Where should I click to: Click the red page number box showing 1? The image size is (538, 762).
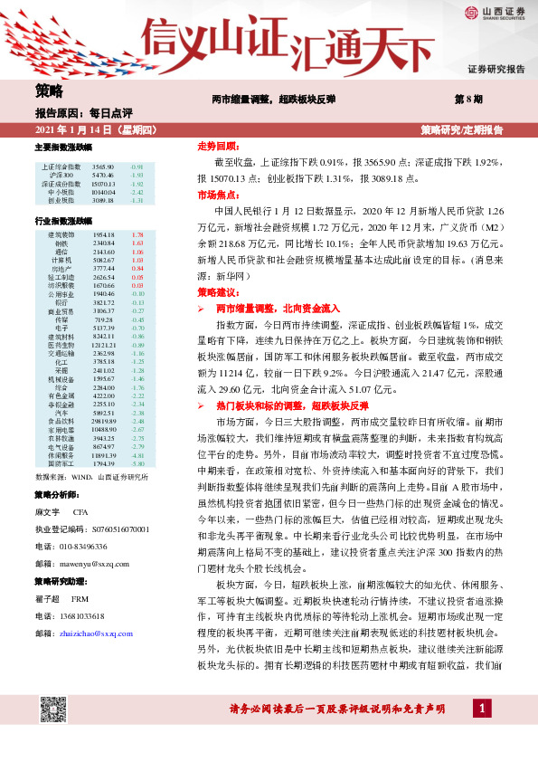[x=485, y=731]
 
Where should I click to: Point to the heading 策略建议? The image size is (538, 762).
[x=218, y=292]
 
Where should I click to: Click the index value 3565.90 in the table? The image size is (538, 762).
[x=102, y=167]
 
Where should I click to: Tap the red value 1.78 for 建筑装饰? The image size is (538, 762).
[x=137, y=234]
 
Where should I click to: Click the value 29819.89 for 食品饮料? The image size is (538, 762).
[x=104, y=446]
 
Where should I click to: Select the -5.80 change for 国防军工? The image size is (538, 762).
[x=137, y=489]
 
